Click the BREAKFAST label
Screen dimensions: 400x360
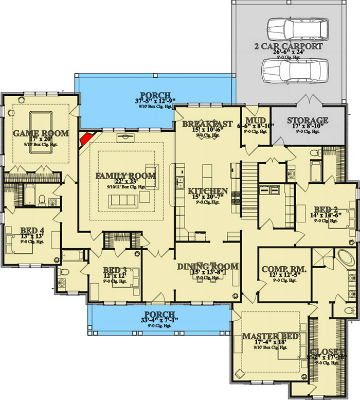(207, 124)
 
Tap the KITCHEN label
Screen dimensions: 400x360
(207, 189)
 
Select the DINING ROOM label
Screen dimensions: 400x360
(208, 266)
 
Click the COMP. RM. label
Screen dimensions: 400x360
(284, 269)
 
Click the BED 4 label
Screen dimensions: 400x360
(32, 230)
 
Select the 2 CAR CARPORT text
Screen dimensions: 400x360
(288, 46)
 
